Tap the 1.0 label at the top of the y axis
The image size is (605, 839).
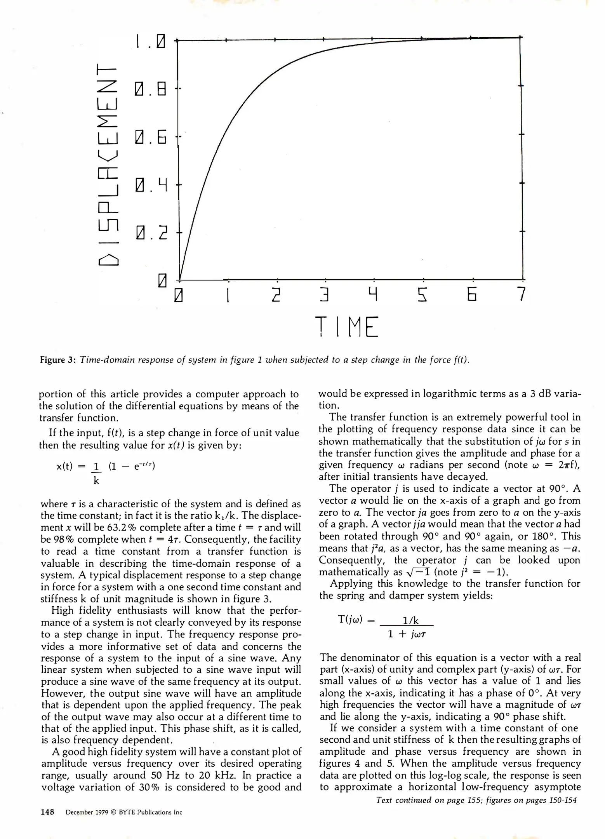pyautogui.click(x=151, y=42)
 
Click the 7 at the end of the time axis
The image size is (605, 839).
pyautogui.click(x=522, y=294)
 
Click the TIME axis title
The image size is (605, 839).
pyautogui.click(x=346, y=327)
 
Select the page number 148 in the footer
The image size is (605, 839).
pyautogui.click(x=47, y=812)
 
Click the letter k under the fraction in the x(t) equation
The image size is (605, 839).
pyautogui.click(x=96, y=480)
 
